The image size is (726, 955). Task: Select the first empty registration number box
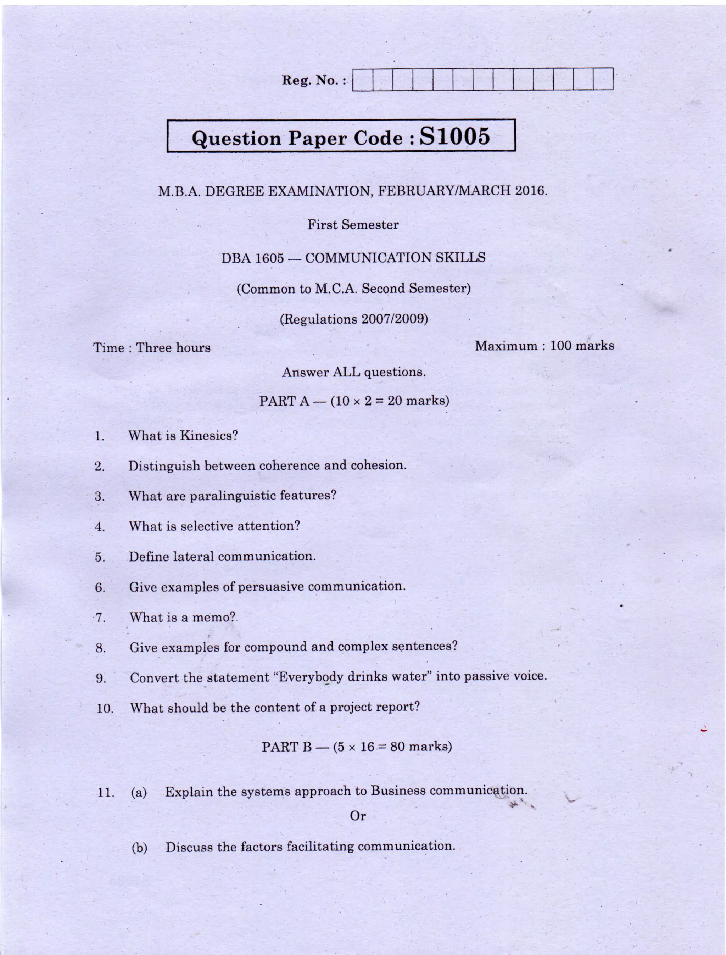pos(363,79)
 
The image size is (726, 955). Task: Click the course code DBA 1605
pos(252,258)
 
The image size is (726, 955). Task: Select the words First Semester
pos(353,225)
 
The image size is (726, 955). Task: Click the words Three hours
pos(173,348)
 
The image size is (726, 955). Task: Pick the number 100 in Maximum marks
pos(560,346)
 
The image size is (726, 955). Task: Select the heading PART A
pos(284,401)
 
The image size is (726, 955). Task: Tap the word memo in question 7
pos(213,617)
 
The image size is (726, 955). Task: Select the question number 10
pos(105,709)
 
